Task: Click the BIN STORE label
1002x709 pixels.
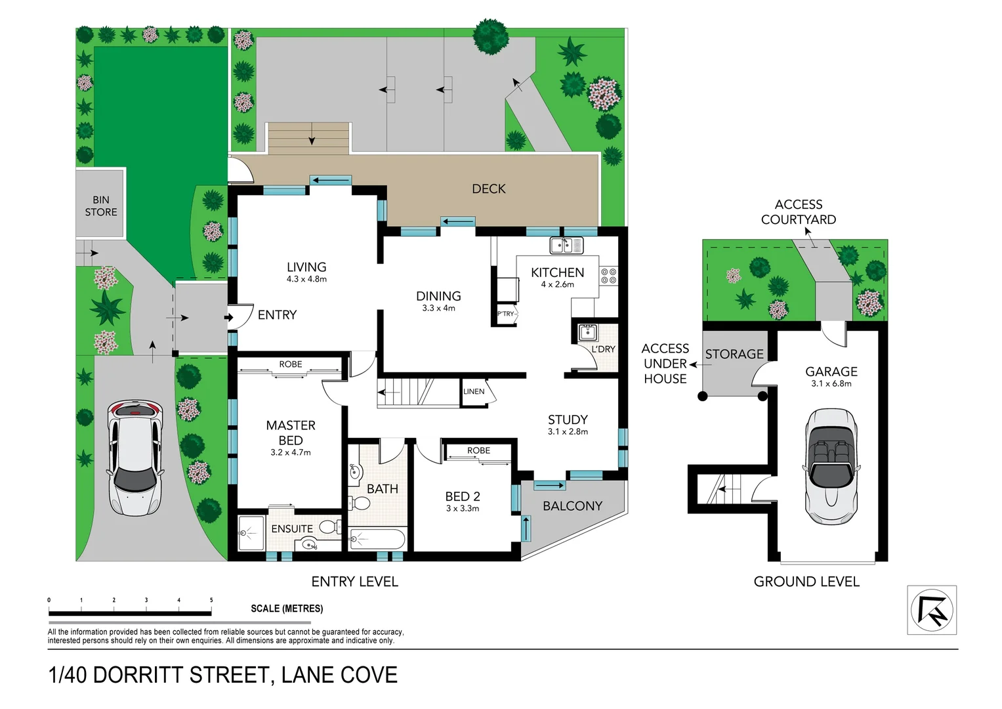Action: coord(100,205)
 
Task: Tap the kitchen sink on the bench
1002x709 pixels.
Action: coord(565,246)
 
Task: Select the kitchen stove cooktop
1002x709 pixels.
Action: coord(608,276)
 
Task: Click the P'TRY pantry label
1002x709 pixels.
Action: coord(505,314)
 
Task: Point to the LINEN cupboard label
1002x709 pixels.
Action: coord(474,391)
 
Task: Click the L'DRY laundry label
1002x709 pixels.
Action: coord(603,349)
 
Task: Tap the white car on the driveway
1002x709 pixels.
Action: coord(135,457)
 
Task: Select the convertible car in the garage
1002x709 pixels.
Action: coord(831,466)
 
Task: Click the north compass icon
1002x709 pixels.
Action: coord(931,610)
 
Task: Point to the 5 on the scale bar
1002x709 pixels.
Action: coord(211,600)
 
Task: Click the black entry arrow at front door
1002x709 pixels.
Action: coord(229,318)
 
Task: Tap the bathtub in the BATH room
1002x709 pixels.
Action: coord(377,540)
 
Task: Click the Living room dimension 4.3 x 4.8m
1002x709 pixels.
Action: coord(306,279)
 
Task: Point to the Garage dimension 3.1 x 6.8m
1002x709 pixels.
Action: coord(831,383)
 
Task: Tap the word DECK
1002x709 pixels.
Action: coord(489,189)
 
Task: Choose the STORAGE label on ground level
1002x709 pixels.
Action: coord(734,354)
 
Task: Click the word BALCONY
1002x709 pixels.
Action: coord(572,505)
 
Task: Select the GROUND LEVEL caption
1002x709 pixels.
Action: coord(806,582)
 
